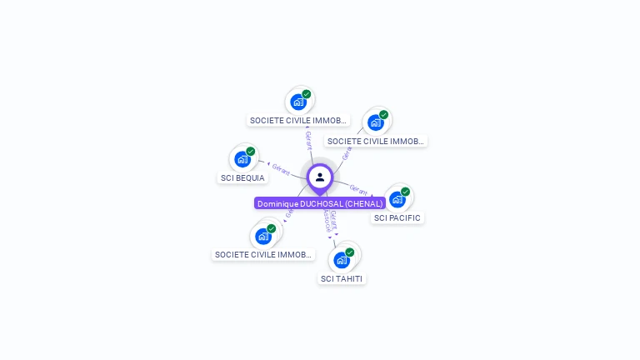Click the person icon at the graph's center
320,177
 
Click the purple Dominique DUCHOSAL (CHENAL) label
320,203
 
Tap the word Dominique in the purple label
278,203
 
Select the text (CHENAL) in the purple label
365,203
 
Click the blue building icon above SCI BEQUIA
242,159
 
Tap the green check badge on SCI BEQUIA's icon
251,152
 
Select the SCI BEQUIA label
242,177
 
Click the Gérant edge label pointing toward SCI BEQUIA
281,169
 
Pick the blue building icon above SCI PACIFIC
397,199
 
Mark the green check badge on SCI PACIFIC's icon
406,192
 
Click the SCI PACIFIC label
397,217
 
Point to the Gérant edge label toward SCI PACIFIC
358,189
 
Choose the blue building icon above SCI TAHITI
342,260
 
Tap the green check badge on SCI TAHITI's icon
350,252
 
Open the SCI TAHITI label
342,278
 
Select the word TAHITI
348,278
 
